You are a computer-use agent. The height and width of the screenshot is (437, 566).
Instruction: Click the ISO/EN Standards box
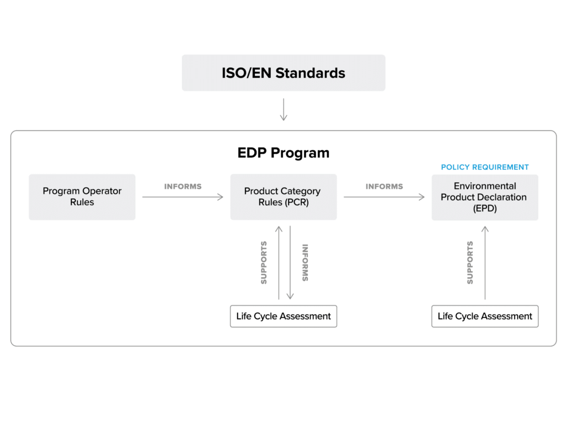(283, 73)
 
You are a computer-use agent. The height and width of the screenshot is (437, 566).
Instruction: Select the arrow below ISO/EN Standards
(284, 109)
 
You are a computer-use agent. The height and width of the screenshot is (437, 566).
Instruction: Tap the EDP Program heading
(283, 153)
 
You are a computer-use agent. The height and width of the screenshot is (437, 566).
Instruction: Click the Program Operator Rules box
(82, 197)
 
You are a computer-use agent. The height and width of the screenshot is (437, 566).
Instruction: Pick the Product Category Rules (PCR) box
(282, 197)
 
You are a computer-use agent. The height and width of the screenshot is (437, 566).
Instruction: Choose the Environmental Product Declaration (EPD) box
(485, 198)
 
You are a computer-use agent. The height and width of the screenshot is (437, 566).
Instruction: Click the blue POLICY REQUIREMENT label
(485, 167)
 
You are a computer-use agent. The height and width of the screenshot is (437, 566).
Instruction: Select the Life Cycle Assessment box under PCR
(283, 317)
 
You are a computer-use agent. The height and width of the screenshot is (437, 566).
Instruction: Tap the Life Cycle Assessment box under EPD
(485, 317)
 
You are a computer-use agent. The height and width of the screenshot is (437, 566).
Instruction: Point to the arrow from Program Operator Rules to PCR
(182, 196)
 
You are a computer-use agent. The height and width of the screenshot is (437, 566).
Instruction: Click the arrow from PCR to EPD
(384, 196)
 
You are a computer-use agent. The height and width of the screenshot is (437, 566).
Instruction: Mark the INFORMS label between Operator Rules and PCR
(183, 186)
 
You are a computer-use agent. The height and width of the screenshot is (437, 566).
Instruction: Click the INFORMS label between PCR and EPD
(384, 186)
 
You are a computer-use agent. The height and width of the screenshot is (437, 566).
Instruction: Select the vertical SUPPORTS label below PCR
(264, 262)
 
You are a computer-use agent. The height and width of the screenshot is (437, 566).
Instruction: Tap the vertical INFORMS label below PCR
(305, 262)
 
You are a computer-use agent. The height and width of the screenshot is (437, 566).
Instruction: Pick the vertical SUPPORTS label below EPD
(470, 262)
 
